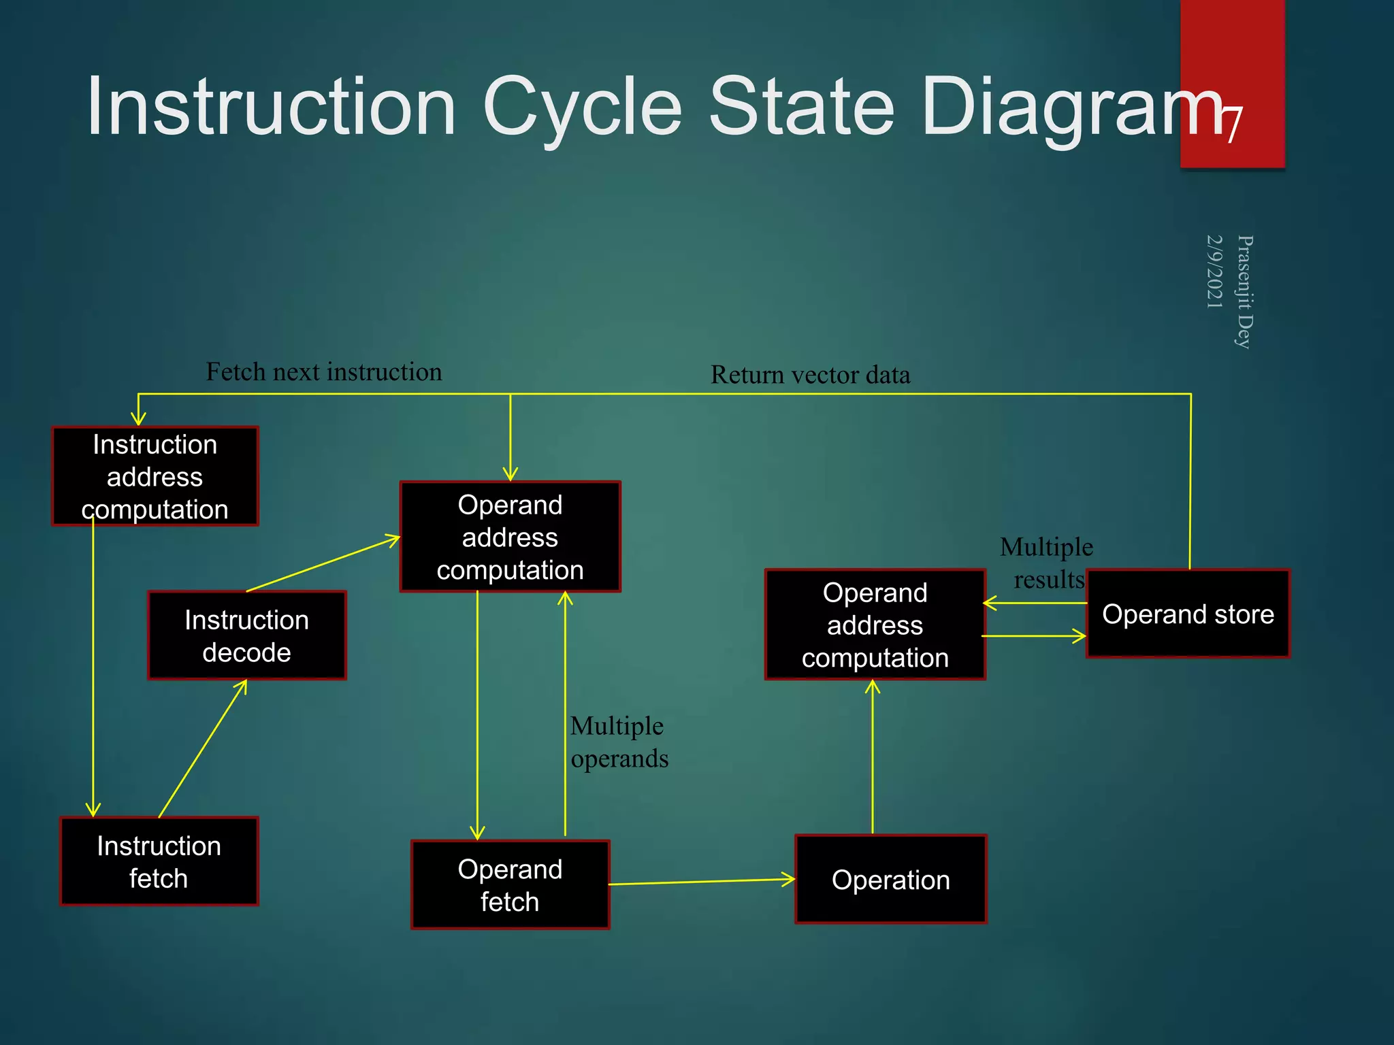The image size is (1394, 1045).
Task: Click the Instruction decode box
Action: click(x=247, y=635)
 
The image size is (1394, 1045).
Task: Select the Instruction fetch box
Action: click(x=159, y=861)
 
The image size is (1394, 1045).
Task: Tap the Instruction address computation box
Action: click(x=155, y=476)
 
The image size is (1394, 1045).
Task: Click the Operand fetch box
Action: click(x=510, y=884)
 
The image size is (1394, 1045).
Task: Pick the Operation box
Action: click(x=891, y=879)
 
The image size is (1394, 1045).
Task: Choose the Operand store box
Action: click(x=1188, y=614)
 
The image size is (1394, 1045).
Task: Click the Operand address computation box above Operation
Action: click(x=875, y=625)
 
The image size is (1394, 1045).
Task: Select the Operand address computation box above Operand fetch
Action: click(x=510, y=537)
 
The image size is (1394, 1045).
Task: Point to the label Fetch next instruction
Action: click(x=324, y=372)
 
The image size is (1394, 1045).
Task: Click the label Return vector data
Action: click(x=810, y=375)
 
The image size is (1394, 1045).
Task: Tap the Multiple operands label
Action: click(x=619, y=742)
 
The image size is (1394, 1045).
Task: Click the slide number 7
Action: click(x=1231, y=123)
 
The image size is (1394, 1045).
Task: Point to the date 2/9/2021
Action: click(x=1214, y=271)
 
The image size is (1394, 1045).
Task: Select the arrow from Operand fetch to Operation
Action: click(x=701, y=882)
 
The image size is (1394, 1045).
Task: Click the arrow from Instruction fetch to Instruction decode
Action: click(x=203, y=748)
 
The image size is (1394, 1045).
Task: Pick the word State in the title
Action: click(x=801, y=107)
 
